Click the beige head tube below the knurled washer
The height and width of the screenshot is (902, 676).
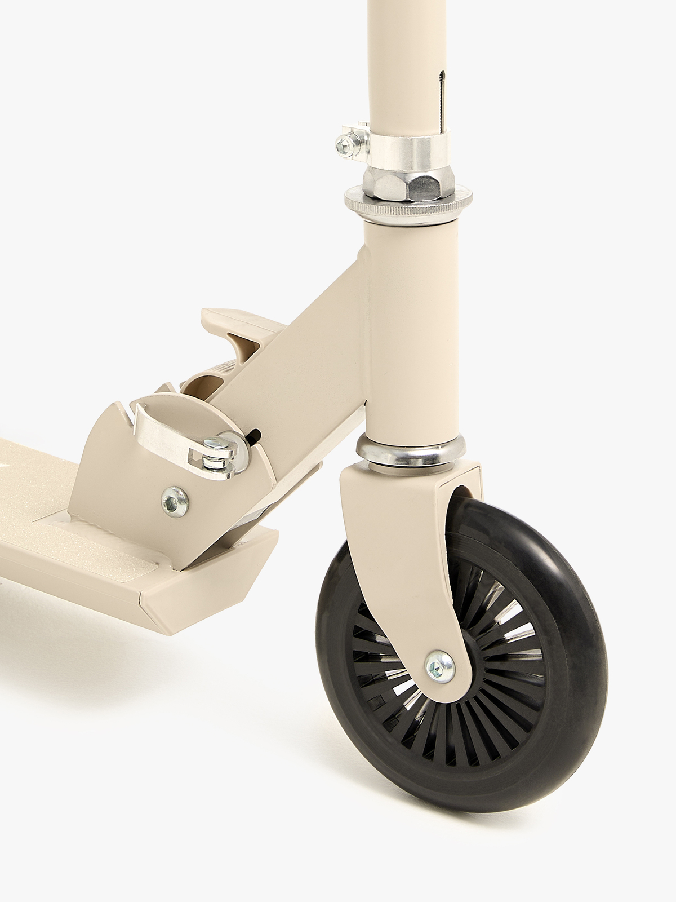pos(411,316)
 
